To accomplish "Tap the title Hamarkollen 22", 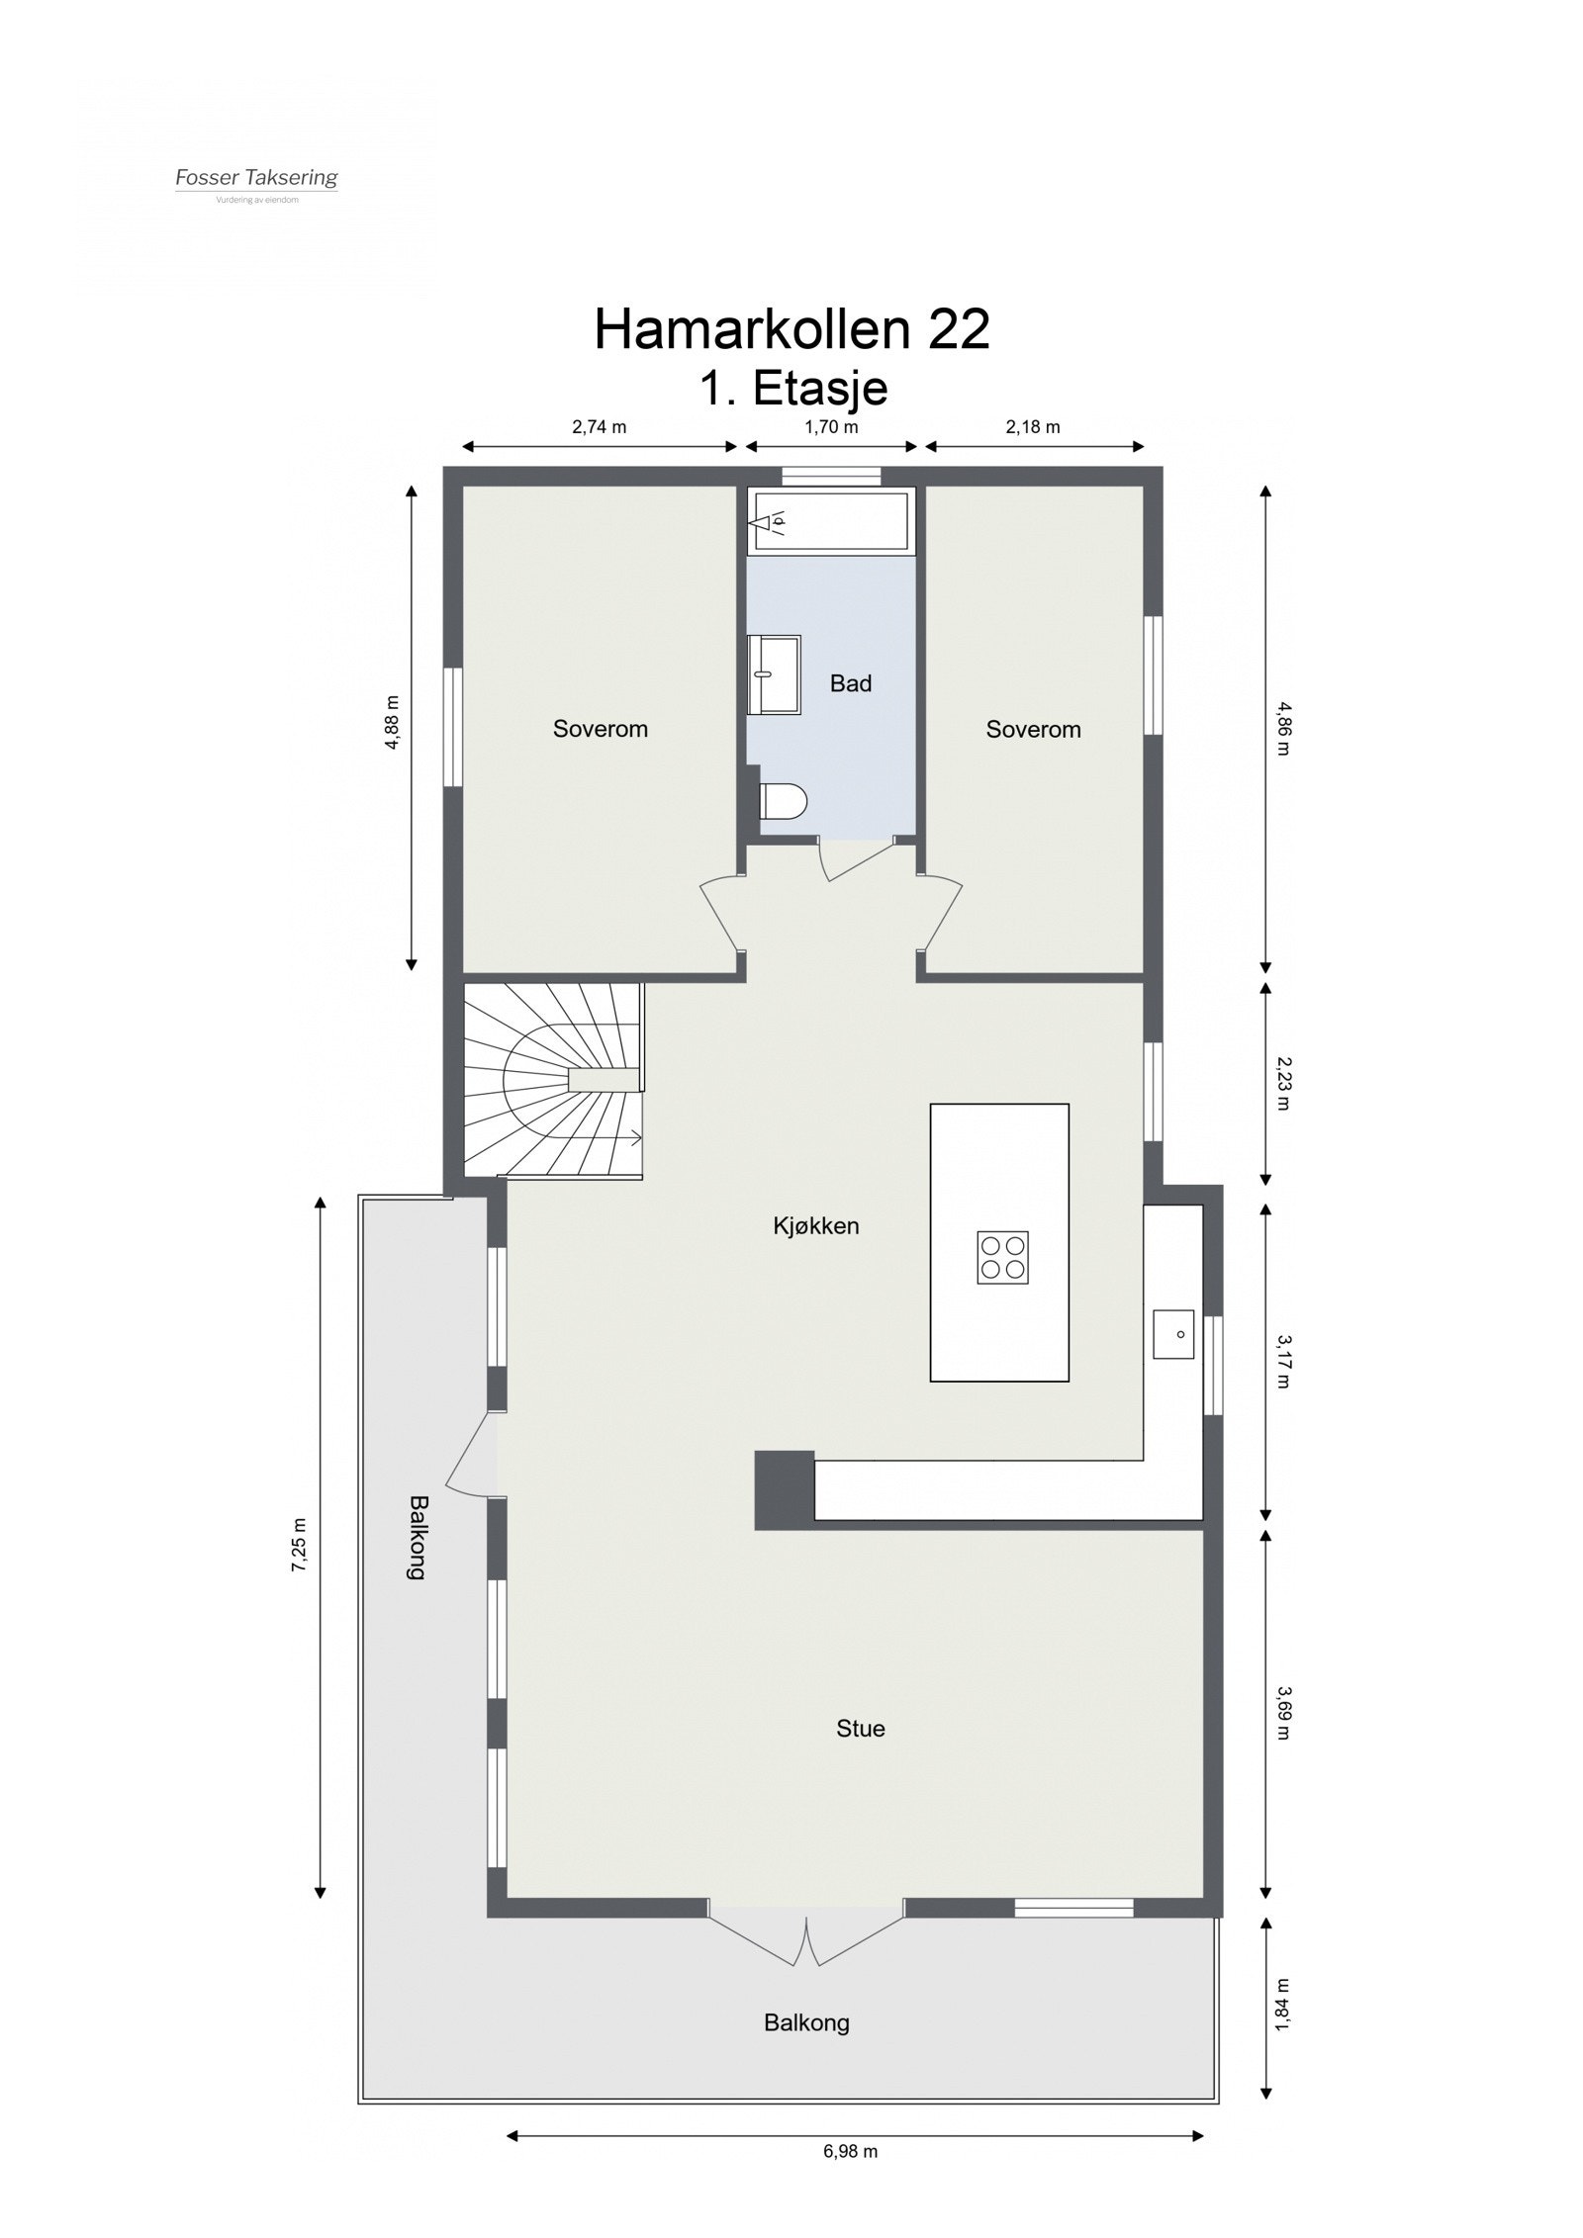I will [x=791, y=329].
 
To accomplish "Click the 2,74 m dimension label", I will [x=599, y=427].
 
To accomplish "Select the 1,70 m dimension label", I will [x=830, y=427].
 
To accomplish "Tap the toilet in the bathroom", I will [x=783, y=800].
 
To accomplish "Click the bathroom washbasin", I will [x=774, y=673].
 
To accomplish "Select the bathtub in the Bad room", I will [x=831, y=520].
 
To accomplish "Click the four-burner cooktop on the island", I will [x=1002, y=1257].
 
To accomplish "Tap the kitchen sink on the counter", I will [x=1173, y=1334].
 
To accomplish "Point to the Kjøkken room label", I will [x=816, y=1226].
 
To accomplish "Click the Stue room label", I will [x=860, y=1729].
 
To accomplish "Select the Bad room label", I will [x=851, y=683].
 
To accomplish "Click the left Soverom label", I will [x=601, y=730].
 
